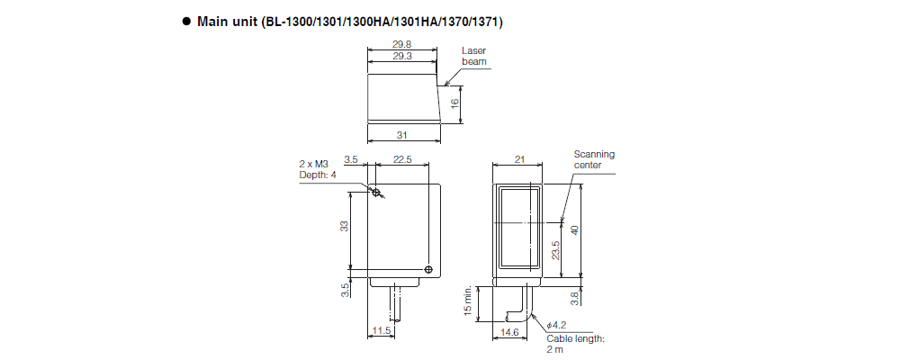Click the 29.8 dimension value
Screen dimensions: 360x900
(403, 44)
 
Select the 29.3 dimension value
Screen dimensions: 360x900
(403, 56)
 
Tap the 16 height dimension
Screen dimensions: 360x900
(455, 103)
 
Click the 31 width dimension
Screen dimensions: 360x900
(403, 135)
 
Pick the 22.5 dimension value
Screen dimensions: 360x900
(402, 159)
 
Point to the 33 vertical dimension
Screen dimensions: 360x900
(344, 226)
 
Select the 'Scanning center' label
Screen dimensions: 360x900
(594, 159)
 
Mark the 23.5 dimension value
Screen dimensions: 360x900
(555, 249)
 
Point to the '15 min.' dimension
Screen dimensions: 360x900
(468, 301)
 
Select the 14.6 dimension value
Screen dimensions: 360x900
(510, 332)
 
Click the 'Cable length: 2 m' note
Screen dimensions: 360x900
(575, 344)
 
